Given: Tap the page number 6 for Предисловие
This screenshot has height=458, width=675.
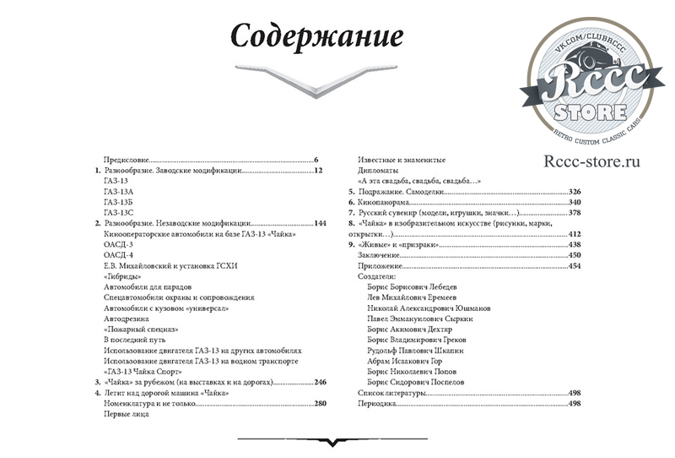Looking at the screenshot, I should click(315, 159).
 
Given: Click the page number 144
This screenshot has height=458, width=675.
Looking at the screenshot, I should click(319, 223).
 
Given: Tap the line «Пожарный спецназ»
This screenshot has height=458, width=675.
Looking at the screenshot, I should click(140, 330).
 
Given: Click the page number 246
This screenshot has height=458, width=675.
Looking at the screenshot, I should click(319, 383).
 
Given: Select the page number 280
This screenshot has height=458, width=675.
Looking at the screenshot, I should click(319, 404).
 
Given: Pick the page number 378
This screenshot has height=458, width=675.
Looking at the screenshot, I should click(575, 213).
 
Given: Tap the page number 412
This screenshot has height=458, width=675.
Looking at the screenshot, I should click(575, 234).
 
